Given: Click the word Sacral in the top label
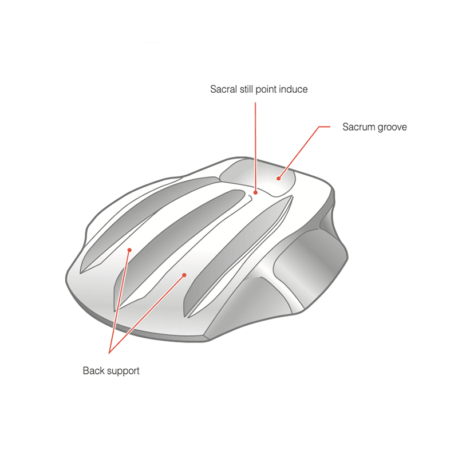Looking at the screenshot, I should point(223,89).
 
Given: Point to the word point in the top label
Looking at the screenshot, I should point(269,89).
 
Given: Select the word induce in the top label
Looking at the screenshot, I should point(295,89).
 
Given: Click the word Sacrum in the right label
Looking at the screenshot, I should point(358,127).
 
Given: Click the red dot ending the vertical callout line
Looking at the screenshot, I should point(256,193).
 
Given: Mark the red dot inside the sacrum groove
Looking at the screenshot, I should point(279,178).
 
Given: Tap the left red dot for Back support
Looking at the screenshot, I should point(130,250).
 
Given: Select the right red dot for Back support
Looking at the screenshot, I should point(184,275).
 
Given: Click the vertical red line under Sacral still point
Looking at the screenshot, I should point(255,143).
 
